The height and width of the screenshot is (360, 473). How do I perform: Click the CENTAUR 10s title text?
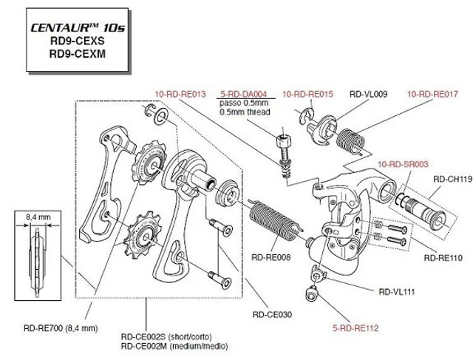tap(68, 29)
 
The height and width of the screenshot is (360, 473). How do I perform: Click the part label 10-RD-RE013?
tap(180, 95)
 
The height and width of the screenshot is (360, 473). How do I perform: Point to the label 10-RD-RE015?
tap(309, 95)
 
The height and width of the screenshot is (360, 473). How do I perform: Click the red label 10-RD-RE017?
tap(433, 95)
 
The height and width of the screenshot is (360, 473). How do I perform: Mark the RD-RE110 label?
tap(443, 258)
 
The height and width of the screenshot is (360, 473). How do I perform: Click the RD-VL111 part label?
tap(398, 291)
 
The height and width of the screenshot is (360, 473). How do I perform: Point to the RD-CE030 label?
tap(273, 314)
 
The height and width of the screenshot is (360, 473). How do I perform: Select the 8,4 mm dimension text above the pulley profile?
tap(37, 217)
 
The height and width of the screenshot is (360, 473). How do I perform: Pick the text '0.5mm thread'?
tap(245, 112)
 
